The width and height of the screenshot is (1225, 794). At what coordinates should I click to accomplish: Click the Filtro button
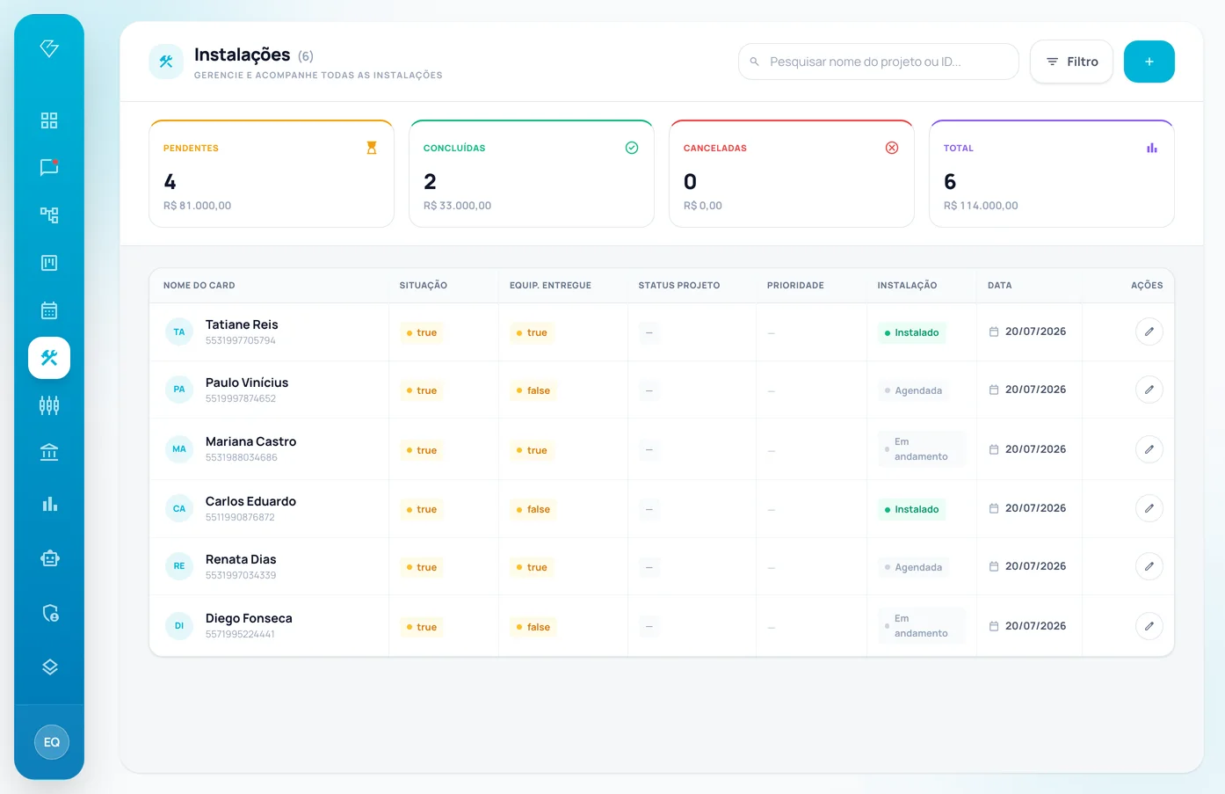pyautogui.click(x=1071, y=62)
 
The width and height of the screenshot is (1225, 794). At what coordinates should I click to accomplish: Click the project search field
pyautogui.click(x=878, y=62)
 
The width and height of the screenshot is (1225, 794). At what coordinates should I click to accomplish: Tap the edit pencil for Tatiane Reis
pyautogui.click(x=1149, y=331)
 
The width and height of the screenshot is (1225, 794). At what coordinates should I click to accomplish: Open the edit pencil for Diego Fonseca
pyautogui.click(x=1149, y=626)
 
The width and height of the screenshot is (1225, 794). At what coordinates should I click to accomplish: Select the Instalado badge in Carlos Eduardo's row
pyautogui.click(x=911, y=509)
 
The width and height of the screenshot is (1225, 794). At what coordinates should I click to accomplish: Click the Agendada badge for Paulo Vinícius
pyautogui.click(x=913, y=390)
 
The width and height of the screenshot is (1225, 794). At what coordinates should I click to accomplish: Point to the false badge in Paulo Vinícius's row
pyautogui.click(x=533, y=390)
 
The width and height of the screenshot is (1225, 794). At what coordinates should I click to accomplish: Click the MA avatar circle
pyautogui.click(x=178, y=449)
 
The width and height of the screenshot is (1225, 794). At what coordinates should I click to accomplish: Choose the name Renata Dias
pyautogui.click(x=241, y=559)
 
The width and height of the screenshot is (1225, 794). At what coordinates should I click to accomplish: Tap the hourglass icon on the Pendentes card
pyautogui.click(x=372, y=148)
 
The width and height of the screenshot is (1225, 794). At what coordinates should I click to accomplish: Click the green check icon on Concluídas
pyautogui.click(x=632, y=148)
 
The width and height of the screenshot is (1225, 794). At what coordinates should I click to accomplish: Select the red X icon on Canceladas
pyautogui.click(x=892, y=148)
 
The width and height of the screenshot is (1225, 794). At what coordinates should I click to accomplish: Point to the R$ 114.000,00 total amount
pyautogui.click(x=981, y=206)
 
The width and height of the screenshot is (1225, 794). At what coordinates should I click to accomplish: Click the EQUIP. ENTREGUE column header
pyautogui.click(x=550, y=285)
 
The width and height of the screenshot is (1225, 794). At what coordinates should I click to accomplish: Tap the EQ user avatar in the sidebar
pyautogui.click(x=51, y=742)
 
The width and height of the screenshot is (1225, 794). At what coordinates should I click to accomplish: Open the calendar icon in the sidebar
pyautogui.click(x=49, y=310)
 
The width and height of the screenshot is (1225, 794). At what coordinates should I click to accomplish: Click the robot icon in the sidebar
pyautogui.click(x=50, y=558)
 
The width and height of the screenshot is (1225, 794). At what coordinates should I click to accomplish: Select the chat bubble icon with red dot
pyautogui.click(x=49, y=167)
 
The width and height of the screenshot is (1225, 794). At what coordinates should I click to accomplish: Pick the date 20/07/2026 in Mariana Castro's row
pyautogui.click(x=1035, y=449)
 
